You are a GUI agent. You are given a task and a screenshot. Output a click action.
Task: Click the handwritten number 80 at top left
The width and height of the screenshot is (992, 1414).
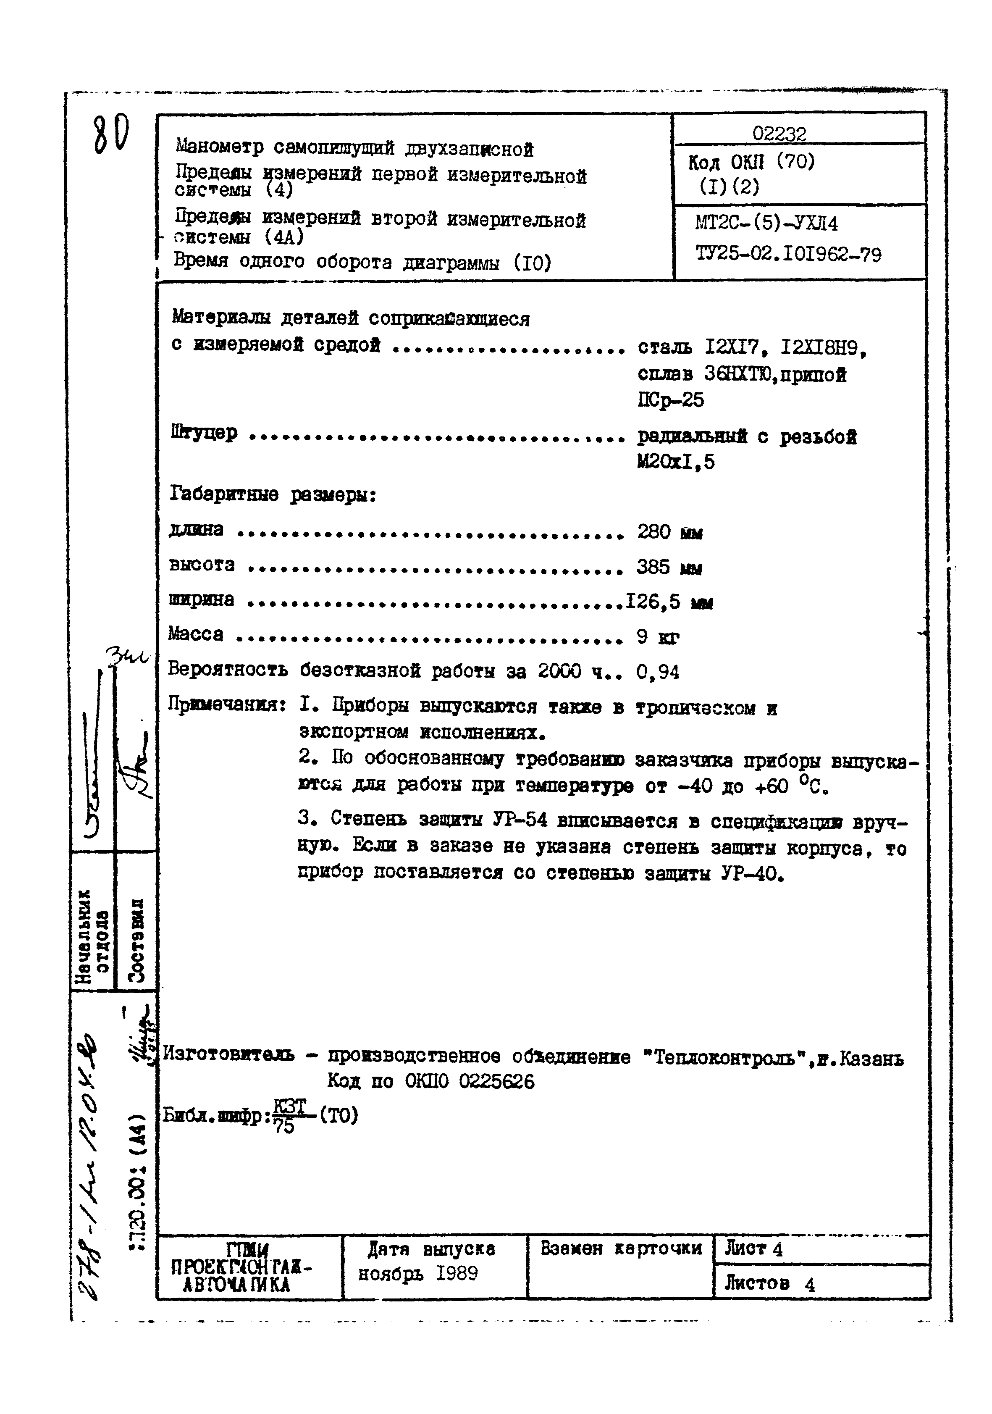(x=111, y=136)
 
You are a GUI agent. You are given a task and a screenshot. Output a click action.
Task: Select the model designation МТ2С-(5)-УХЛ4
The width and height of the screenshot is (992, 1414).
(x=766, y=223)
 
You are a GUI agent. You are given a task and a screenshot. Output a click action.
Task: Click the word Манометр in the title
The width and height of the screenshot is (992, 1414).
(x=219, y=147)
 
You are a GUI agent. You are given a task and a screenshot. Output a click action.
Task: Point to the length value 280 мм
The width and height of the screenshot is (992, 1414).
(x=669, y=531)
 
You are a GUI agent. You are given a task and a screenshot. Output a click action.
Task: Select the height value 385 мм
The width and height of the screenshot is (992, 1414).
(x=669, y=567)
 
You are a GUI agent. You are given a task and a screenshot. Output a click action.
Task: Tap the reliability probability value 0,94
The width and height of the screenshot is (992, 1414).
(x=658, y=672)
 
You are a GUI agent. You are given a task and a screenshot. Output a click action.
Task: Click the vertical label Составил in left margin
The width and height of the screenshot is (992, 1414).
(x=136, y=939)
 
